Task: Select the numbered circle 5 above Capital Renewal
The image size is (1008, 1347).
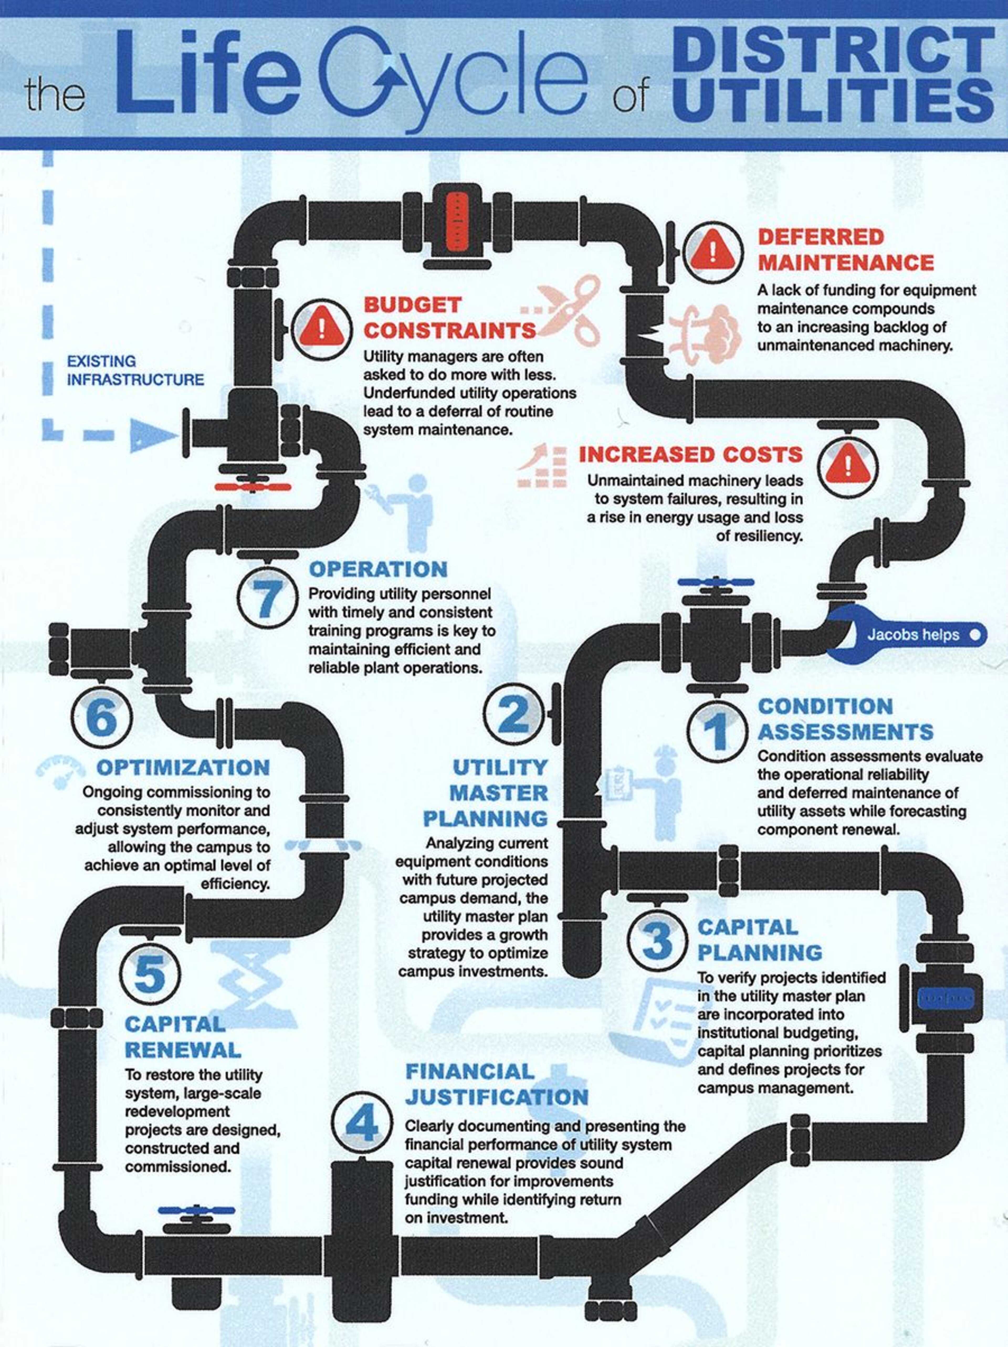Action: [150, 973]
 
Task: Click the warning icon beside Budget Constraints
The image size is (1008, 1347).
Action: [322, 329]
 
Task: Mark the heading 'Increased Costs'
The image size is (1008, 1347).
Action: [691, 455]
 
